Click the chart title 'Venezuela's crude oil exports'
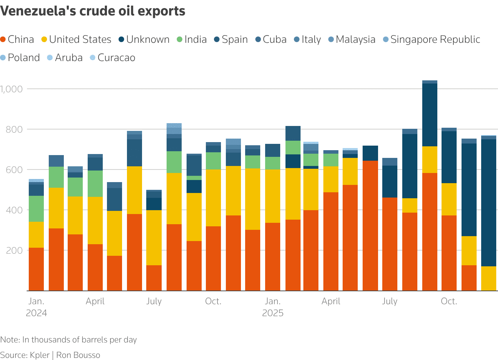click(93, 11)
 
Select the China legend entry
click(18, 39)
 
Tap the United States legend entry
click(76, 39)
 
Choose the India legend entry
click(191, 39)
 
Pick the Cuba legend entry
click(271, 39)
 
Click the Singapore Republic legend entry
click(431, 39)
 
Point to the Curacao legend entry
click(113, 58)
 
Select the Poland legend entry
click(20, 58)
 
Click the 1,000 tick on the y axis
click(12, 89)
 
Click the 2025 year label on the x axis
click(273, 313)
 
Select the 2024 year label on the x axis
click(36, 313)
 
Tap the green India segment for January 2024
click(36, 209)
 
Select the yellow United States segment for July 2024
click(154, 238)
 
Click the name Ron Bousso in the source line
click(78, 355)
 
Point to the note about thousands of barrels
click(68, 340)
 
